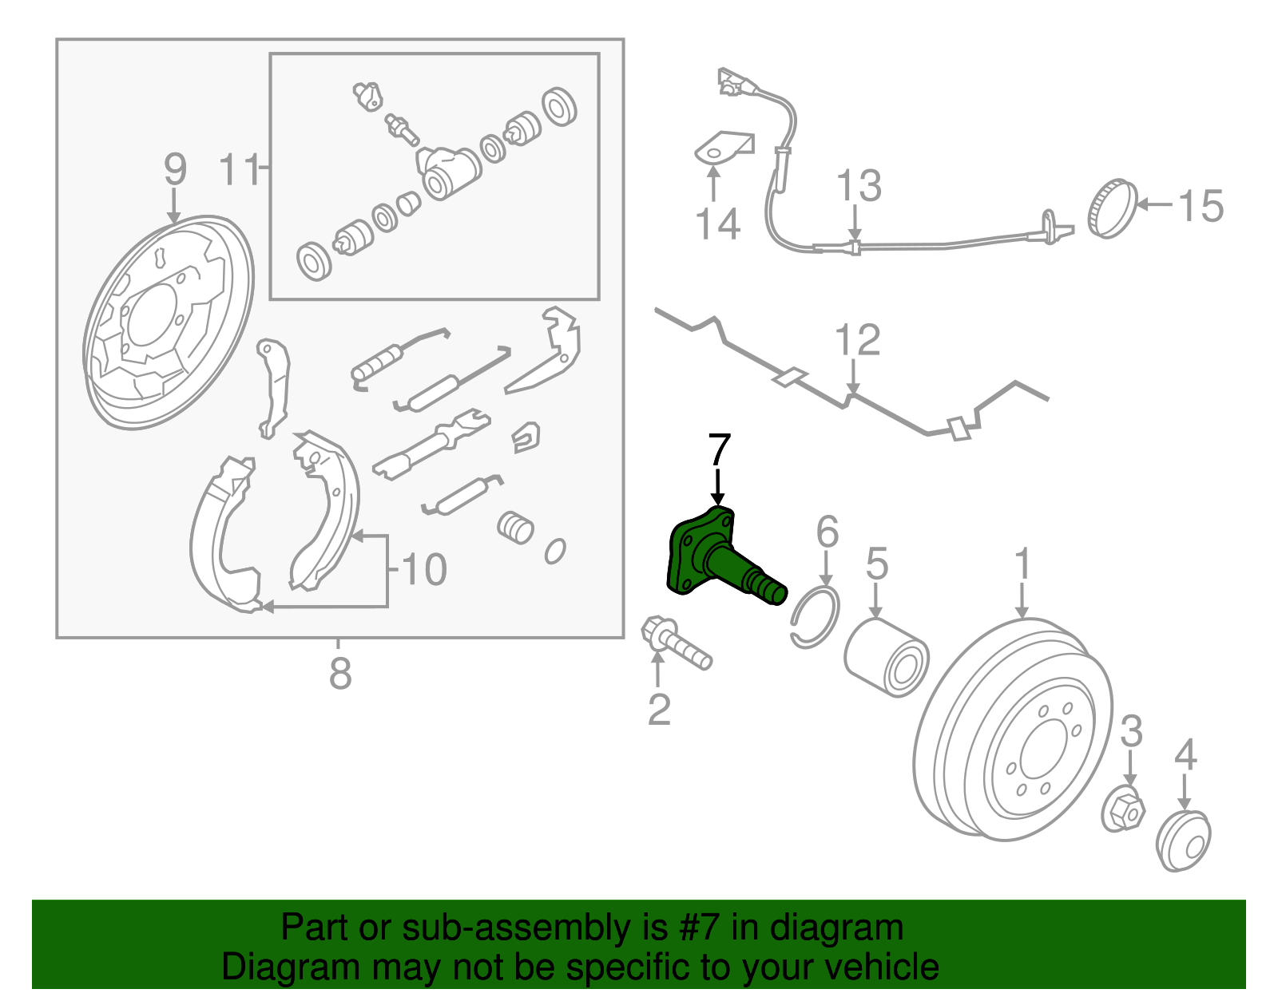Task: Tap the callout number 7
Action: [718, 451]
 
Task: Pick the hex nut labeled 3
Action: [1123, 809]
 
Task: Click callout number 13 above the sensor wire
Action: [859, 186]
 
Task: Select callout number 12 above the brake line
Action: [857, 340]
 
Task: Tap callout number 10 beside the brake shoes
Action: [424, 570]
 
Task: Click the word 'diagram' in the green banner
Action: [836, 928]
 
